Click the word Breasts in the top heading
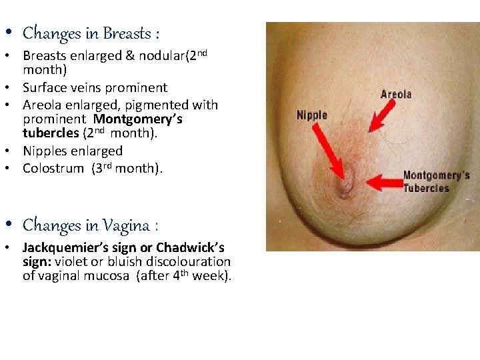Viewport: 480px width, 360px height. click(x=128, y=33)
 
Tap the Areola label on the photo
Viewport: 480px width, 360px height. click(x=395, y=94)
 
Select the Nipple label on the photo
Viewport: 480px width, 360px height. click(x=312, y=115)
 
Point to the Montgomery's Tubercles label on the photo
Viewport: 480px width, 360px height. click(x=436, y=181)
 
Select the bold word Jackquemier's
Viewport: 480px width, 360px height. click(x=68, y=247)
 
